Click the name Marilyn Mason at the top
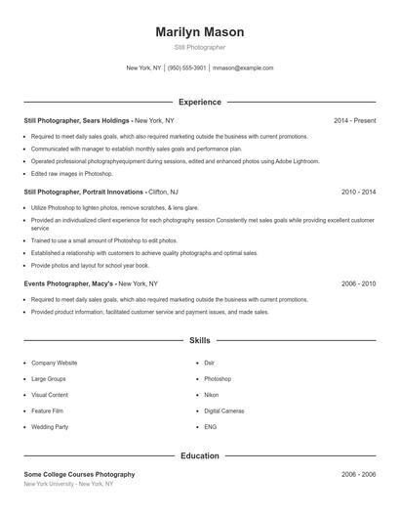[x=199, y=32]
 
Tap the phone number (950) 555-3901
[x=187, y=68]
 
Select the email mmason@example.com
[x=242, y=68]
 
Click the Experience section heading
[x=199, y=102]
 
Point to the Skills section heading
[x=199, y=341]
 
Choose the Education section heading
[x=199, y=455]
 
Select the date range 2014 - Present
[x=354, y=120]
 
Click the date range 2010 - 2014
[x=358, y=193]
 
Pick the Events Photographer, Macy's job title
[x=69, y=283]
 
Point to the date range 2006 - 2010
[x=358, y=283]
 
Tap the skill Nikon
[x=212, y=395]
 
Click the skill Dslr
[x=210, y=362]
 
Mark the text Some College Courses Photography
[x=79, y=474]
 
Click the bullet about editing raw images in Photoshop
[x=73, y=173]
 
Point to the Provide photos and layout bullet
[x=90, y=265]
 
